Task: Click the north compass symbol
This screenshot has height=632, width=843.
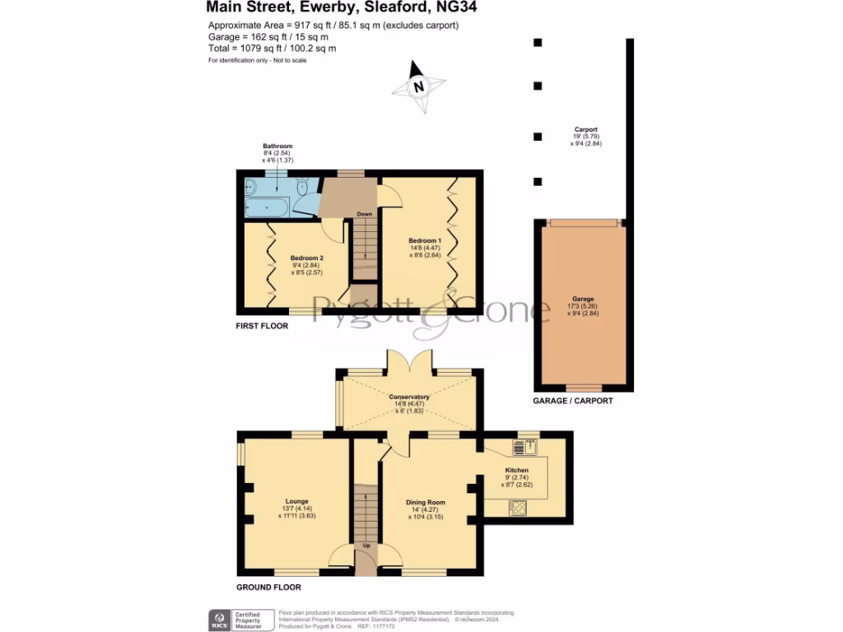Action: [x=419, y=86]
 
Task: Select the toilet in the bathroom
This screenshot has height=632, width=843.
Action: [x=304, y=187]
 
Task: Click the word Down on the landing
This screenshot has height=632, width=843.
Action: [x=365, y=214]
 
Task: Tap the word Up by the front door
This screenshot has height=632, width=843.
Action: [x=366, y=546]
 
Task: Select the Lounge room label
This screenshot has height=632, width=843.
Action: [x=296, y=499]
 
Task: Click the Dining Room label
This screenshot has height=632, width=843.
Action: [x=425, y=502]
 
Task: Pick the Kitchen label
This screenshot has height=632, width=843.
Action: [x=517, y=470]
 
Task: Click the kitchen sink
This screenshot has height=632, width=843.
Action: [x=524, y=448]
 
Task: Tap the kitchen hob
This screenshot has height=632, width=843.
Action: [x=519, y=508]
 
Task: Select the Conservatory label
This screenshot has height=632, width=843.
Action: [x=410, y=397]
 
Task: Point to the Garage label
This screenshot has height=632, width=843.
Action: [x=583, y=299]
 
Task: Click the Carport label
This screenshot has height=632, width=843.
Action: [x=586, y=129]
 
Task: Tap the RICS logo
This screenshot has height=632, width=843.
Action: [x=220, y=618]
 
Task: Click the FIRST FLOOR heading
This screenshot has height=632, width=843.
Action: [x=262, y=326]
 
